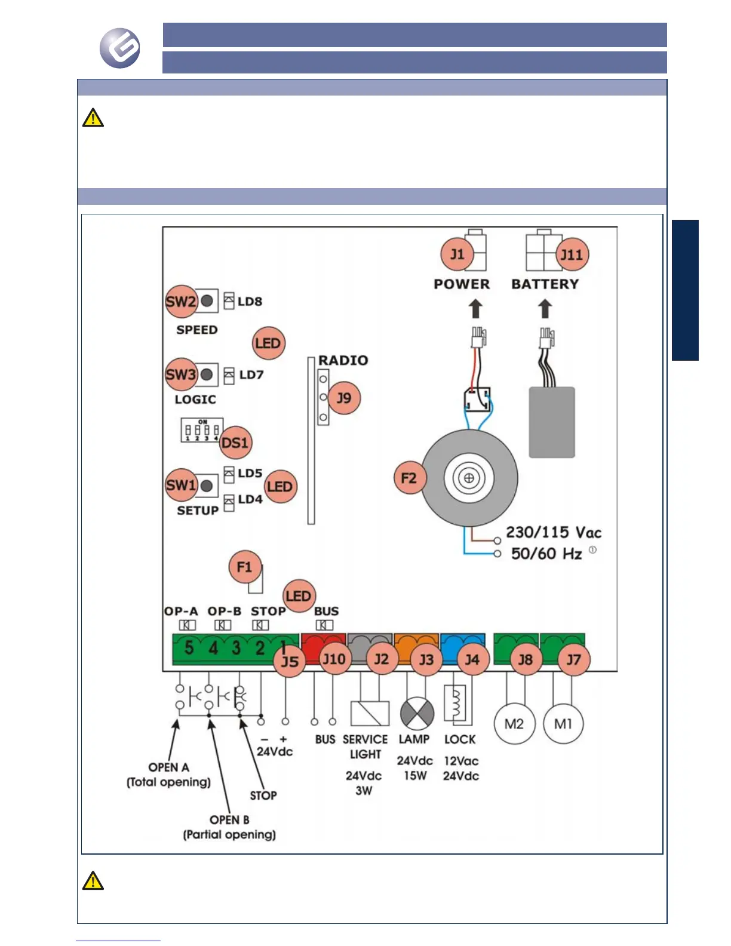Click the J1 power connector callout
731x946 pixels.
[x=457, y=254]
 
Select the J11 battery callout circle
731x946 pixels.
[x=572, y=255]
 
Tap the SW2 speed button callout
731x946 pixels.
[x=181, y=301]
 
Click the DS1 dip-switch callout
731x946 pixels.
[x=235, y=443]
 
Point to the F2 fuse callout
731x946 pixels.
[x=409, y=478]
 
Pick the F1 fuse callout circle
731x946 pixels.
[x=245, y=567]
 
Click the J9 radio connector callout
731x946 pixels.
[x=344, y=398]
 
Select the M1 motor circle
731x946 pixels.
[x=563, y=724]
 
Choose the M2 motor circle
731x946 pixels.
[x=514, y=724]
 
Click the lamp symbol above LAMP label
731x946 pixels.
[x=416, y=713]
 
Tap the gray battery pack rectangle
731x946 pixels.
[x=552, y=422]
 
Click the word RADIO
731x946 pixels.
[x=343, y=360]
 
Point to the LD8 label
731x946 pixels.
[x=250, y=302]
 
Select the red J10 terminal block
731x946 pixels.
[x=322, y=643]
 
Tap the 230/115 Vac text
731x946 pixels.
[x=554, y=532]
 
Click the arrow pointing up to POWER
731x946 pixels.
[x=475, y=309]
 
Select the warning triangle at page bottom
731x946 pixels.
[x=93, y=881]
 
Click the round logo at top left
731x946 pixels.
[x=120, y=48]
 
